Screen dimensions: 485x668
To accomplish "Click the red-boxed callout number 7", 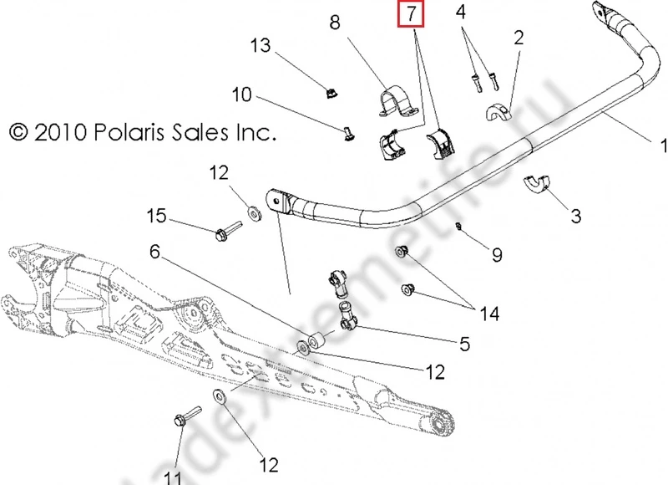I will [411, 14].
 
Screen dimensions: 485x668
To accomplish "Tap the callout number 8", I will [335, 24].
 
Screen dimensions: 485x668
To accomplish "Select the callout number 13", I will [261, 45].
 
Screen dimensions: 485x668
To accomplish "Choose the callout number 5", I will [462, 343].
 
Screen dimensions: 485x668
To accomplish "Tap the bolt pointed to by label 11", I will [185, 416].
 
